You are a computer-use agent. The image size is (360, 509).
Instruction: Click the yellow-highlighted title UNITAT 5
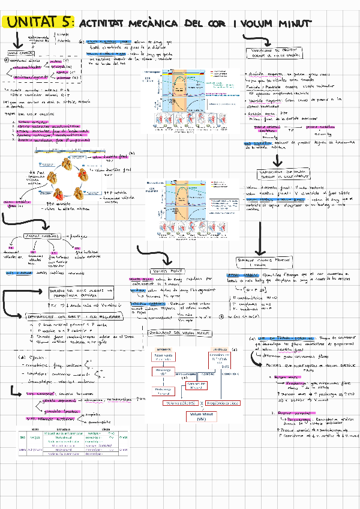pos(38,23)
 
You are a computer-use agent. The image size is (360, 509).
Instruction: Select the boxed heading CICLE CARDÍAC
pos(21,54)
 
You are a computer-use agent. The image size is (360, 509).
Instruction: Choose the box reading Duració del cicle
pos(74,293)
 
